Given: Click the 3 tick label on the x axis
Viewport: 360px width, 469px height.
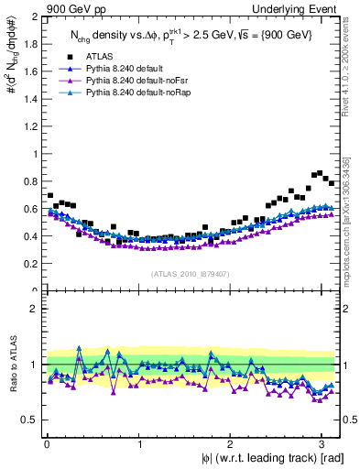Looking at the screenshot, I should click(x=323, y=444).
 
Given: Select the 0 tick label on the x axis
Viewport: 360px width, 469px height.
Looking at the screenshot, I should click(x=46, y=444).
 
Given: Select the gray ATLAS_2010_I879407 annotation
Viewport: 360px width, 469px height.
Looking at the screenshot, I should click(x=191, y=273).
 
